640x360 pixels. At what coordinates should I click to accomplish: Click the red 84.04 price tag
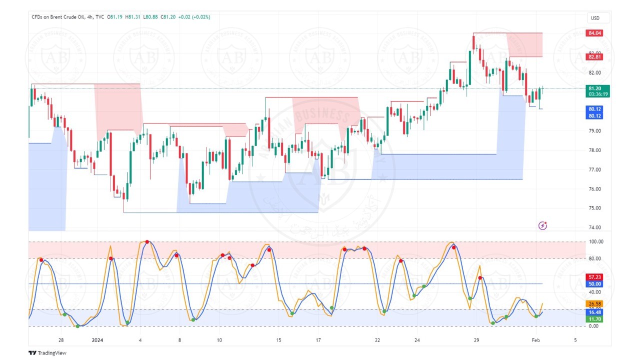tap(594, 33)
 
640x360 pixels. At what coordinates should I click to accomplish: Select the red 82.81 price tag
tap(594, 57)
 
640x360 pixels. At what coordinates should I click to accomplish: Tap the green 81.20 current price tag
tap(594, 88)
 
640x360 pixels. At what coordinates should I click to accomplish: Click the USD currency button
tap(595, 18)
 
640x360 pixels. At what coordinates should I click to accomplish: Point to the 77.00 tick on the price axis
tap(594, 169)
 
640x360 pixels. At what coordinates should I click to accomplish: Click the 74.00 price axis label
tap(594, 227)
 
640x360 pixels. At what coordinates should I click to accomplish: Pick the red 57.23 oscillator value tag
tap(594, 277)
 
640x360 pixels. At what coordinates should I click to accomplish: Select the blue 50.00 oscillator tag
tap(594, 284)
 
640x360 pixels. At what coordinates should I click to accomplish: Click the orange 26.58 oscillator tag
tap(594, 303)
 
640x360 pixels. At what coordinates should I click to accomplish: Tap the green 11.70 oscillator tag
tap(594, 319)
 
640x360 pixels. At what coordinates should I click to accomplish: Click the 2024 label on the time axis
tap(97, 340)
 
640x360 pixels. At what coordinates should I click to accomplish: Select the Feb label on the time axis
tap(535, 340)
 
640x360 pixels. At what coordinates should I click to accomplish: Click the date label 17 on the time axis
tap(318, 340)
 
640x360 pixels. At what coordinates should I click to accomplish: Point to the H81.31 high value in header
tap(132, 17)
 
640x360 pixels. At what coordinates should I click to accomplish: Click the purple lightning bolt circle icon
tap(543, 226)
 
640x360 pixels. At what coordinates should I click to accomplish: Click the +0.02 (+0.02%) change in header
tap(194, 17)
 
